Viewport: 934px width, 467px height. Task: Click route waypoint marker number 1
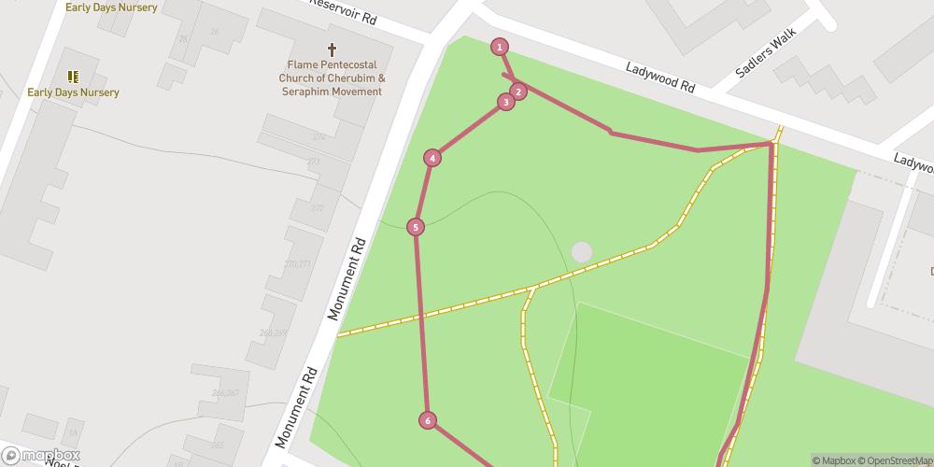(500, 47)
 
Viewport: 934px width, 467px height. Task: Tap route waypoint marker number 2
(517, 91)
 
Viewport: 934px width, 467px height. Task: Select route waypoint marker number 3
(505, 102)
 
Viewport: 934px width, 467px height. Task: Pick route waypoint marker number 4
(432, 158)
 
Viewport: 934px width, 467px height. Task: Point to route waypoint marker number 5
(416, 226)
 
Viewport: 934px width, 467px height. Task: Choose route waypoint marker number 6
(428, 420)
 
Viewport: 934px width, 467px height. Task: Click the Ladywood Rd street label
(660, 78)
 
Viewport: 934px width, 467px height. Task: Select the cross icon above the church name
(331, 50)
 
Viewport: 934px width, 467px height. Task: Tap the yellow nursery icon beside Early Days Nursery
(73, 77)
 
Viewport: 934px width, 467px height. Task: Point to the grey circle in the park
(582, 252)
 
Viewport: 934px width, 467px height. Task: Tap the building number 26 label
(215, 32)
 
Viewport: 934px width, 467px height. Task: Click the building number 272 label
(319, 137)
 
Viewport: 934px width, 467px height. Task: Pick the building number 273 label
(313, 161)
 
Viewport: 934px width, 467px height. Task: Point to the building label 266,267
(226, 393)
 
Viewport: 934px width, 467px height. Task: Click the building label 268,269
(274, 333)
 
